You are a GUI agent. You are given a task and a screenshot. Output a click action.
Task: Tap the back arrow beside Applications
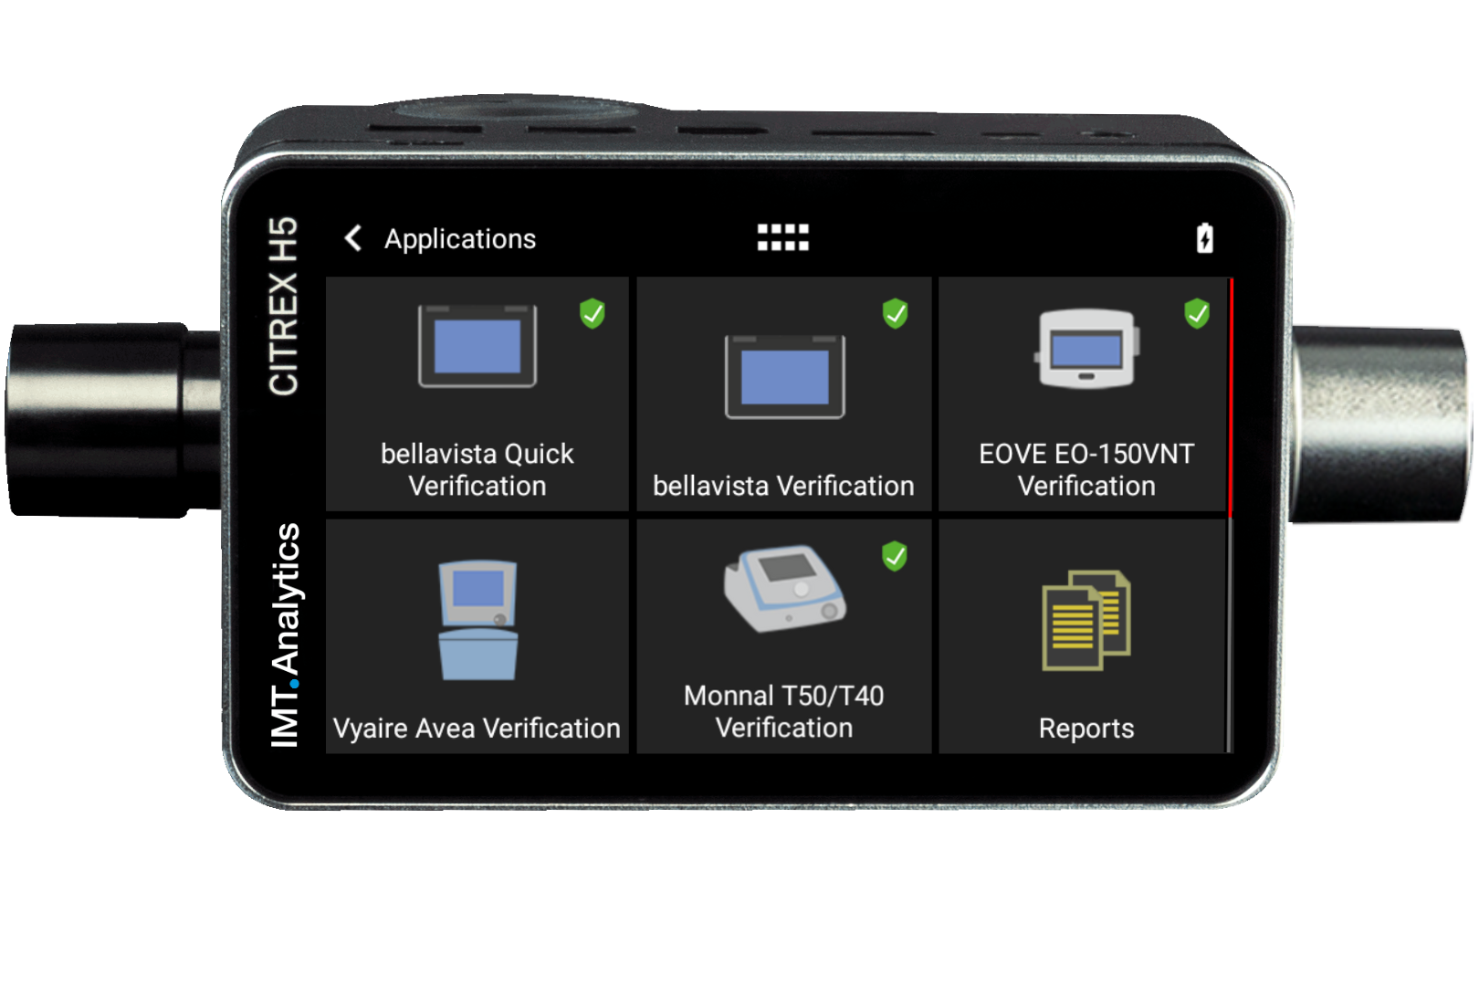pos(353,238)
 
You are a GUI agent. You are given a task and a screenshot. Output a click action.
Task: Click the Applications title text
pos(460,239)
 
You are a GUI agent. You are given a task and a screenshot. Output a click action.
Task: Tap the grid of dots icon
pos(782,237)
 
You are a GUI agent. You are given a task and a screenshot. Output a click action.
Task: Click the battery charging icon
pos(1204,237)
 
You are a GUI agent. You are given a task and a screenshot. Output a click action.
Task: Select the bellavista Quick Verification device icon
pos(477,346)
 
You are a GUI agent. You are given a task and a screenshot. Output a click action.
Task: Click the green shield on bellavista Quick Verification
pos(593,313)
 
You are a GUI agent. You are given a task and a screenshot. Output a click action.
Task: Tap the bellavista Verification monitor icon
pos(784,377)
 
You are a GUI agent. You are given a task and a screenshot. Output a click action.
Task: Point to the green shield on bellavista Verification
pos(896,313)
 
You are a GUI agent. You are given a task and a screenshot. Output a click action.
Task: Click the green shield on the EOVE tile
pos(1197,313)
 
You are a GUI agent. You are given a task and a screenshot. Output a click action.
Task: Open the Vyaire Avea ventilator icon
pos(477,620)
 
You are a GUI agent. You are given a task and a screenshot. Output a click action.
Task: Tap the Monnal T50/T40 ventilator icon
pos(784,589)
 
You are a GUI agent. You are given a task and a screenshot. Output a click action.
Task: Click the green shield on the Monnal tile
pos(895,555)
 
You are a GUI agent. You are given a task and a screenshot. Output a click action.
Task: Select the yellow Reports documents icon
pos(1086,620)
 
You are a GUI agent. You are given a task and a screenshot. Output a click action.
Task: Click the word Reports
pos(1086,729)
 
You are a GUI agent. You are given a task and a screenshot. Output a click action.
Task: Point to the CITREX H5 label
pos(284,306)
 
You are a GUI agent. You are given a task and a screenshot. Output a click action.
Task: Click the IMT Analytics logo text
pos(286,635)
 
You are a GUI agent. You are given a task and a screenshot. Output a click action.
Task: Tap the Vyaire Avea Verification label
pos(477,729)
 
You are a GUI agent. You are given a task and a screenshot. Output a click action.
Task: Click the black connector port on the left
pos(100,420)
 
